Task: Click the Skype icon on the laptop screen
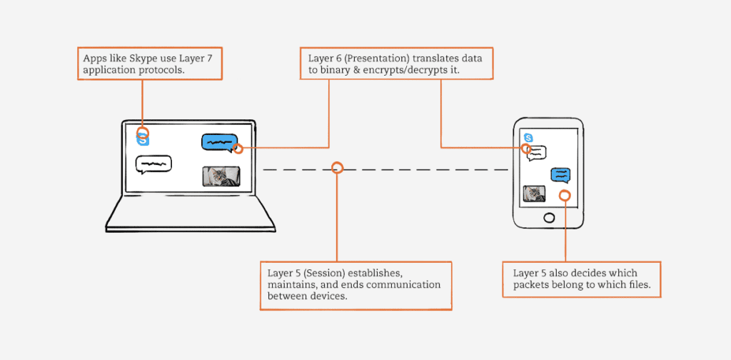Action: coord(143,137)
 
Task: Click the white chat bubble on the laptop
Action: coord(153,165)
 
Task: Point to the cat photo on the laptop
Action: coord(221,176)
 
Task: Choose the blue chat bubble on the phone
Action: coord(560,174)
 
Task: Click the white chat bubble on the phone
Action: coord(537,152)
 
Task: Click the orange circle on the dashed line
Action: coord(338,168)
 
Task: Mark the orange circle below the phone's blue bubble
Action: coord(565,196)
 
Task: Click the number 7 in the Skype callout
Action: coord(211,58)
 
